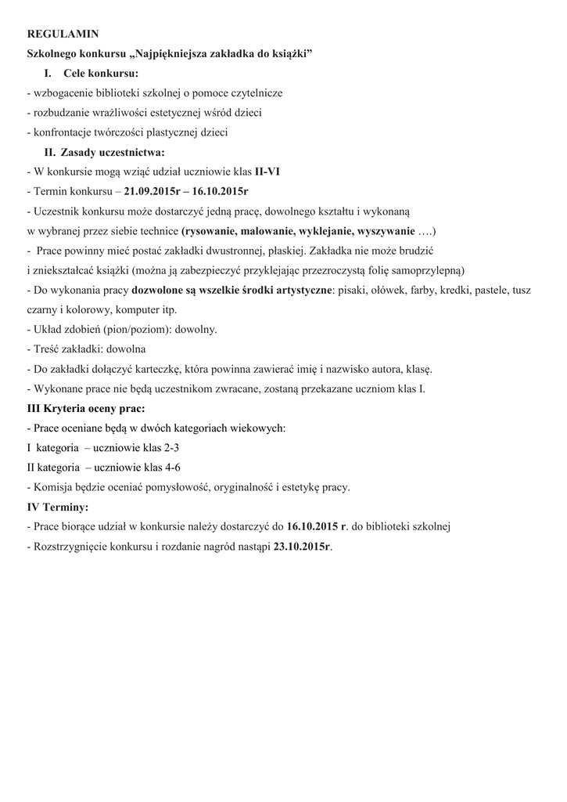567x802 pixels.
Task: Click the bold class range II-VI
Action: tap(267, 172)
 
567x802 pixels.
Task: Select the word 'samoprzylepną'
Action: tap(426, 271)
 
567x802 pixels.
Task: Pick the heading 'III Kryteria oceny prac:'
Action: tap(86, 409)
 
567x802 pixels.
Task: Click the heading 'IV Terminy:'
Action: tap(58, 507)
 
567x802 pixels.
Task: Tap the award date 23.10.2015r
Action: tap(302, 547)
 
